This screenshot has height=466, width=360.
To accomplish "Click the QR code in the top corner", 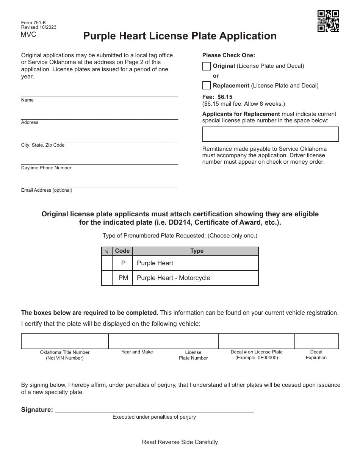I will tap(328, 21).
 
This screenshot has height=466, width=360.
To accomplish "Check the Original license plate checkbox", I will tap(206, 66).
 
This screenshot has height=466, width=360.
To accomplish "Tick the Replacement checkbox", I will tap(206, 86).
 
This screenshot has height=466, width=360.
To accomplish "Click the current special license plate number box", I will tap(270, 134).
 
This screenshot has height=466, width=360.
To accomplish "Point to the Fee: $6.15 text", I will tap(218, 97).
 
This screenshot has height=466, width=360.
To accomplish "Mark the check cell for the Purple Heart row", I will tap(107, 263).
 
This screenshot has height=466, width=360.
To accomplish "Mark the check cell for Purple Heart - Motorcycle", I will tap(107, 278).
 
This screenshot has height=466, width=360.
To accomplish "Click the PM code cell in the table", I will tap(123, 278).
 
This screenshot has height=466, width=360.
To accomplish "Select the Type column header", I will tap(197, 251).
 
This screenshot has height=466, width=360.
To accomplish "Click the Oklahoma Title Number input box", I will tap(65, 341).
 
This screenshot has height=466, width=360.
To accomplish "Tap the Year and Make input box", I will tap(138, 341).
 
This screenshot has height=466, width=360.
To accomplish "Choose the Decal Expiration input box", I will tap(316, 341).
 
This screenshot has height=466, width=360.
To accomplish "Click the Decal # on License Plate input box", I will tap(257, 341).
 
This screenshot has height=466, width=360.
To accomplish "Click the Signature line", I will tap(154, 409).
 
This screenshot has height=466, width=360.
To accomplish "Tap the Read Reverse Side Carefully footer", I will tap(180, 442).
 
